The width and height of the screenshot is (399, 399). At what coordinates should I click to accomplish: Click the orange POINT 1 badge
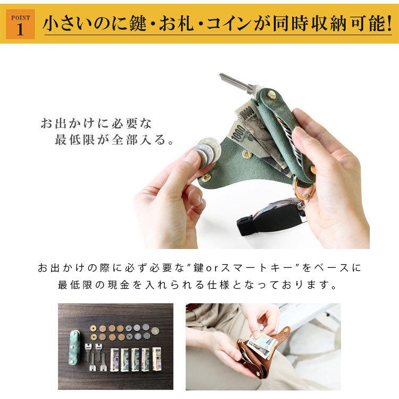(20, 24)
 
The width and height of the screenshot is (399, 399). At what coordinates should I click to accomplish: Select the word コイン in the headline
(229, 24)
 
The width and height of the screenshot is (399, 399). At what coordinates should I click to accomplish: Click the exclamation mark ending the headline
(388, 24)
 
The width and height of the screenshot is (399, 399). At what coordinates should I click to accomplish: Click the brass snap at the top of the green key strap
(271, 95)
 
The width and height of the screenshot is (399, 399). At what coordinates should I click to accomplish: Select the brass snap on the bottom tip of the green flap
(206, 177)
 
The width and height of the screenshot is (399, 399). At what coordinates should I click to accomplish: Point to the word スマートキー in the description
(259, 268)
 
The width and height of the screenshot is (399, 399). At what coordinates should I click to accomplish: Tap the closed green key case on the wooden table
(75, 348)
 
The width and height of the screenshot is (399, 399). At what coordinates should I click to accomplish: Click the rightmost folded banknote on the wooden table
(156, 359)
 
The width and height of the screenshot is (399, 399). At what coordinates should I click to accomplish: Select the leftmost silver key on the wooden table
(89, 356)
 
